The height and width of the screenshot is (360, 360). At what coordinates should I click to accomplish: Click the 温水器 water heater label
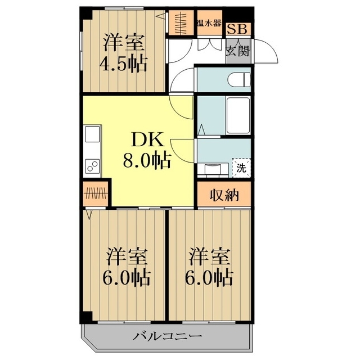[208, 24]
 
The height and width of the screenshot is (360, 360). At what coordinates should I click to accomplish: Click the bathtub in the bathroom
[238, 115]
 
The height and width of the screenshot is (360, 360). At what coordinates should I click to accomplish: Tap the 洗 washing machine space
[241, 167]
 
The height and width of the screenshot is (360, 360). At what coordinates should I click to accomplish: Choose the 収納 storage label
[224, 195]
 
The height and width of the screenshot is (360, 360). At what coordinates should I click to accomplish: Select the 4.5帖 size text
[124, 62]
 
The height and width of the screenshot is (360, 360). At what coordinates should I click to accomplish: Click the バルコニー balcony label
[167, 337]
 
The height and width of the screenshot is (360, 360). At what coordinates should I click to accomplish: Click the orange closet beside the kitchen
[96, 195]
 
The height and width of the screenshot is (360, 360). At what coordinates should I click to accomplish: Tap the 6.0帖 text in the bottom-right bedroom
[209, 277]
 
